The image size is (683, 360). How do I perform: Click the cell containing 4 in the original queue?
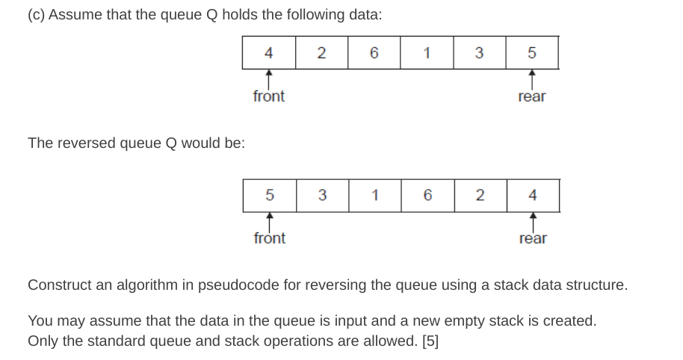pos(269,52)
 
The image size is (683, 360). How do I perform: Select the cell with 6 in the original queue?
pos(374,52)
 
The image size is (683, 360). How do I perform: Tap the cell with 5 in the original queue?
pos(531,52)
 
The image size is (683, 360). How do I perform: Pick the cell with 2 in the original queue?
pos(321,52)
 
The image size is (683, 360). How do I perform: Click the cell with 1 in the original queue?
pos(426,52)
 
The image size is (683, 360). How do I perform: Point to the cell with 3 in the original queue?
pos(479,52)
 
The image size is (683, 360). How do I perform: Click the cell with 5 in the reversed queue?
pos(270,195)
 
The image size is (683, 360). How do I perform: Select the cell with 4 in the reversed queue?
pos(532,195)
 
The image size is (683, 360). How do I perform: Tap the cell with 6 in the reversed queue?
pos(427,195)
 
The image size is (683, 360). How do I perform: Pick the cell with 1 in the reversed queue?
pos(374,195)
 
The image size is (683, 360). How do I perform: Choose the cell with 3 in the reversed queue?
pos(322,195)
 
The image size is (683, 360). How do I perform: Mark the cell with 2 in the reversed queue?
pos(480,195)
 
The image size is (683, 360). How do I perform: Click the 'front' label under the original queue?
pos(269,96)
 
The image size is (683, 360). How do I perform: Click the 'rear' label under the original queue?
pos(531,97)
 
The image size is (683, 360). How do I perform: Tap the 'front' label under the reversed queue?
pos(270,238)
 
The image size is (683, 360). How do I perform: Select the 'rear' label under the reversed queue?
pos(533,239)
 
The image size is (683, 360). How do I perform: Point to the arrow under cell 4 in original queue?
pos(269,78)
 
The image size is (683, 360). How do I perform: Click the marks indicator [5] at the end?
pos(430,341)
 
